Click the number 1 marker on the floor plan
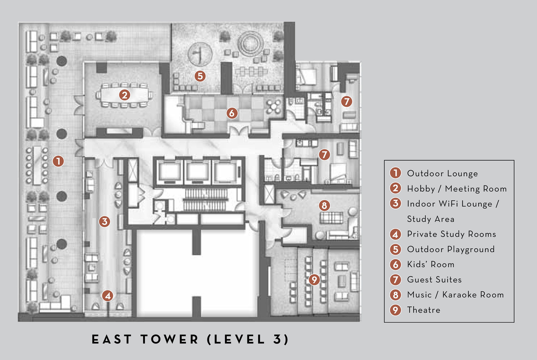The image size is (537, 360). tap(58, 161)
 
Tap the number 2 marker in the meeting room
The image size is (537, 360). tap(124, 95)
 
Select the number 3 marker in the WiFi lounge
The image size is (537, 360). tap(104, 221)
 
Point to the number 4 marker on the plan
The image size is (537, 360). tap(107, 296)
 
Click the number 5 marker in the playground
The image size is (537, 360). tap(200, 76)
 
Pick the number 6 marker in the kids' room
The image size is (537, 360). tap(232, 113)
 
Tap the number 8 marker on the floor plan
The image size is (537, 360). tap(324, 206)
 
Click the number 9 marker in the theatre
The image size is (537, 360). tap(314, 279)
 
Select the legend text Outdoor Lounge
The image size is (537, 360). tap(442, 173)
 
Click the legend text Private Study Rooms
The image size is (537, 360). tap(451, 234)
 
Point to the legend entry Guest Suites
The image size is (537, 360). tap(434, 279)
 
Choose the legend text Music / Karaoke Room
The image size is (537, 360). tap(455, 295)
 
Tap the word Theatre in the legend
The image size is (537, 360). tap(424, 310)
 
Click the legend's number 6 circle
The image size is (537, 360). tap(395, 264)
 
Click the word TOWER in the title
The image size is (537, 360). tap(169, 339)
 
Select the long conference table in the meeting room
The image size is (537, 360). tap(124, 95)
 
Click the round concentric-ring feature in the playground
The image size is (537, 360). tap(250, 44)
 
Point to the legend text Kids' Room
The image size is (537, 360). tap(431, 264)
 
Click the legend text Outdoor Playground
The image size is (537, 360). tap(451, 249)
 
